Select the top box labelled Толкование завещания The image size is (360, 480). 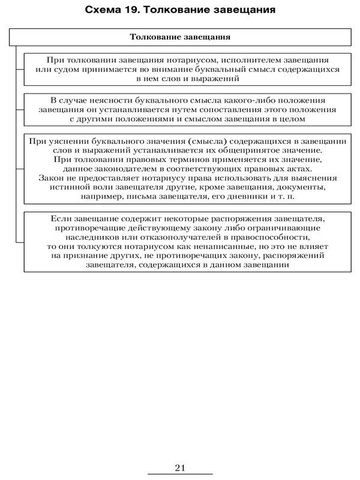pyautogui.click(x=181, y=37)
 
